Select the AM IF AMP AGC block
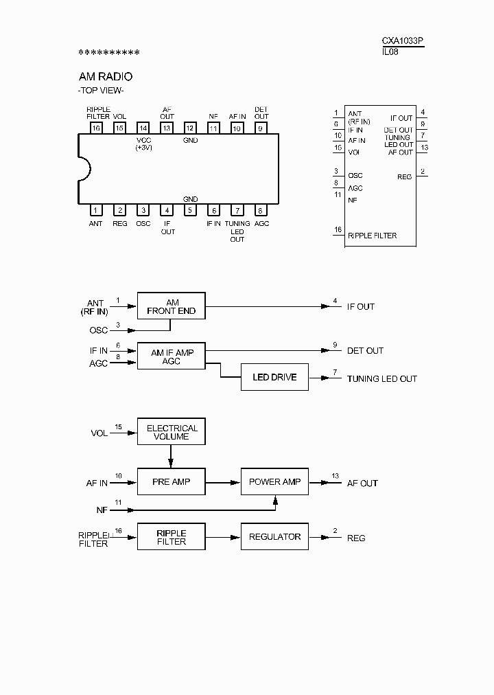point(171,356)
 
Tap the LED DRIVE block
point(274,378)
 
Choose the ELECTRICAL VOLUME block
point(171,432)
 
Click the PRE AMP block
point(171,482)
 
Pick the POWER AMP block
point(274,482)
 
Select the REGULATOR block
point(274,537)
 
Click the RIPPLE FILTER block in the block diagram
point(171,537)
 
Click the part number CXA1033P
point(403,41)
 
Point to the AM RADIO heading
point(106,77)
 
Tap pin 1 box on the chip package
point(96,211)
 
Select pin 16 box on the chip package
point(96,128)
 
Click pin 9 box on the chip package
point(261,128)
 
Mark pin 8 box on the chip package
point(261,211)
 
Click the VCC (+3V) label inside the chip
point(143,144)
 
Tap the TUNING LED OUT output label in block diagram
point(381,378)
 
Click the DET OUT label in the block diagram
point(365,351)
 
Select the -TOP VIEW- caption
point(101,91)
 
